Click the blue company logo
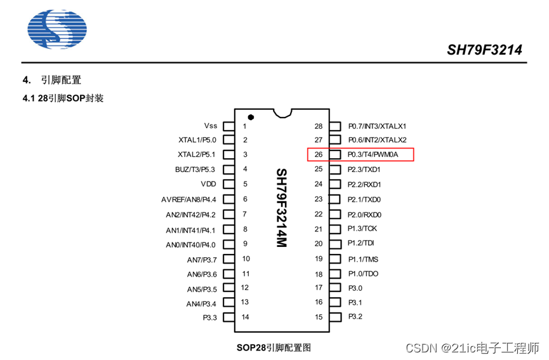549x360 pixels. click(57, 30)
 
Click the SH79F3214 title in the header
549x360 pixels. click(485, 50)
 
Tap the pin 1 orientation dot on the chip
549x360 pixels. click(251, 117)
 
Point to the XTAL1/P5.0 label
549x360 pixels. click(197, 140)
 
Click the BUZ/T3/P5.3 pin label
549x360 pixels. click(195, 170)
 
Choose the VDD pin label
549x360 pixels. click(209, 184)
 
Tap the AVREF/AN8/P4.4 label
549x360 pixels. click(189, 199)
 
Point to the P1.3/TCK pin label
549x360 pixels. click(362, 229)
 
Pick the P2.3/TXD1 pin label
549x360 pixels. click(364, 170)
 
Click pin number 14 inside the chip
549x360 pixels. click(245, 317)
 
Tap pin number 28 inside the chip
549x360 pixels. click(319, 126)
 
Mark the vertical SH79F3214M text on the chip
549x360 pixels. click(282, 209)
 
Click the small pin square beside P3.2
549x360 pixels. click(337, 317)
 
